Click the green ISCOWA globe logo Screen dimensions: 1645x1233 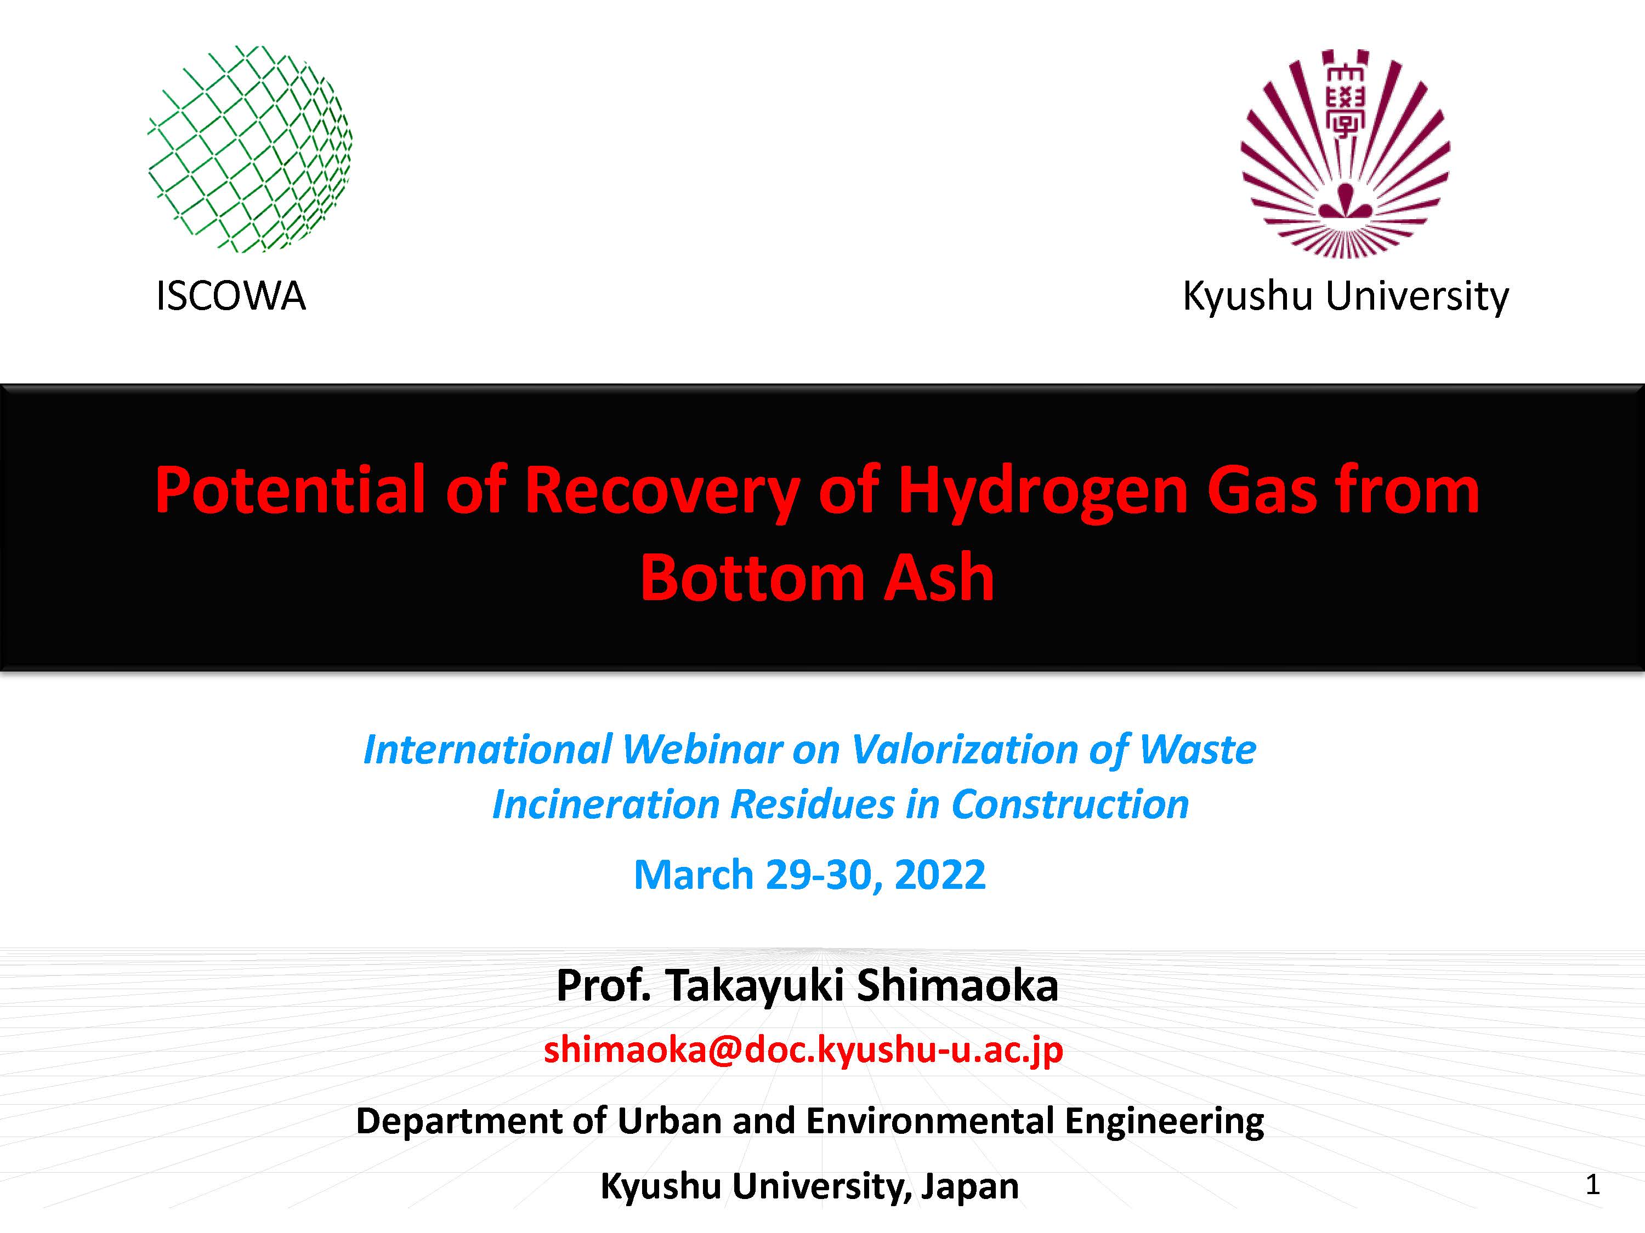tap(250, 149)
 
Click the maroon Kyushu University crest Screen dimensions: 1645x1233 tap(1345, 154)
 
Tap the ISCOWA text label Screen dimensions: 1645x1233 tap(230, 296)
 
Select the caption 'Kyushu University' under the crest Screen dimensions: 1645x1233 tap(1345, 297)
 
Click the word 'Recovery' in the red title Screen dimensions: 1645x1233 tap(662, 492)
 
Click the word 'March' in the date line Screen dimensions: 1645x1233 tap(694, 874)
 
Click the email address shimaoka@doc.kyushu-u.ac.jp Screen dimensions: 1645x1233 tap(803, 1049)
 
